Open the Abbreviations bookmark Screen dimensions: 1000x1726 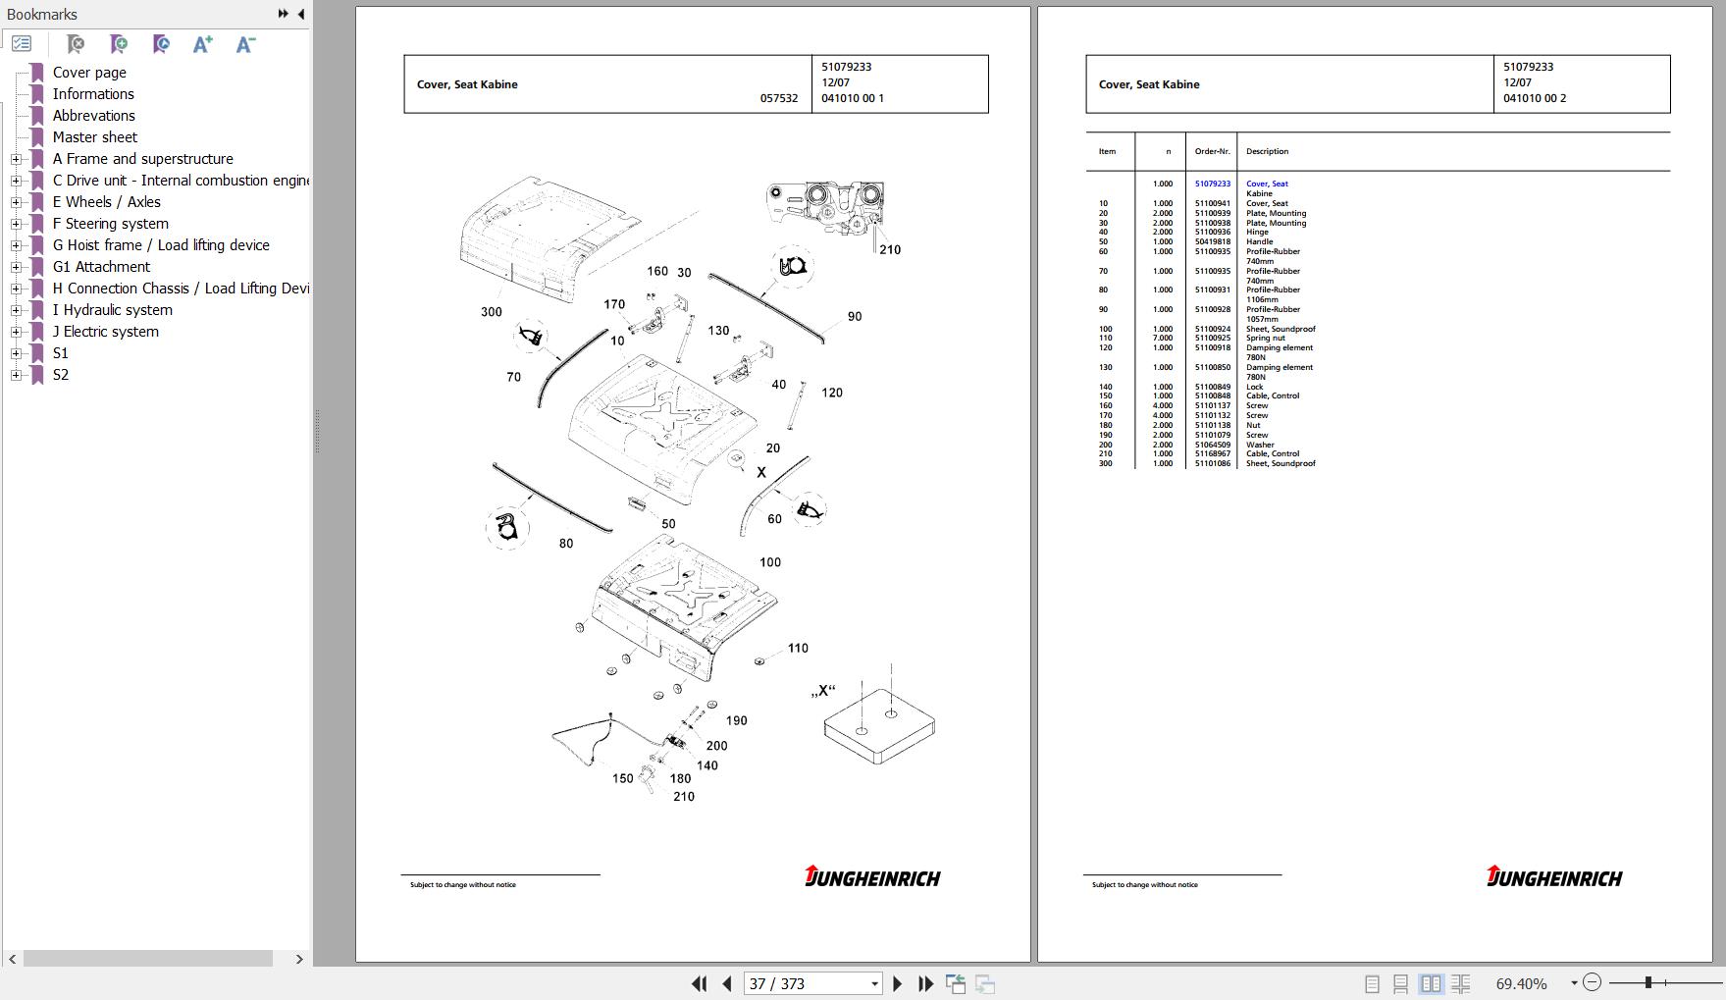click(93, 116)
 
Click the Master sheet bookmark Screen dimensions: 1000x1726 click(94, 137)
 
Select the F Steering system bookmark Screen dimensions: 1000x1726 click(110, 224)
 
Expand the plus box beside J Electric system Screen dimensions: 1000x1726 click(16, 332)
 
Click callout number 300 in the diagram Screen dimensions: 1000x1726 click(492, 312)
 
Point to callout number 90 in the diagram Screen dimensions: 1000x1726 click(855, 317)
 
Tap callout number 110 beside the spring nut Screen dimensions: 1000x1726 click(798, 649)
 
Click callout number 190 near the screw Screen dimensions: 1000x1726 click(736, 721)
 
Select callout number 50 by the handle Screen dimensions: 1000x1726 click(668, 524)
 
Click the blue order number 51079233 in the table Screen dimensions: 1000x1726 click(1212, 184)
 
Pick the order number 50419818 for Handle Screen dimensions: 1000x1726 click(1212, 242)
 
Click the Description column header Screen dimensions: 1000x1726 click(1267, 152)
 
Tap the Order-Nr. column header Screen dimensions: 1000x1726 click(1212, 152)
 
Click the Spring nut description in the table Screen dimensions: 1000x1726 click(1265, 339)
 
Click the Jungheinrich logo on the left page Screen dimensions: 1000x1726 click(872, 877)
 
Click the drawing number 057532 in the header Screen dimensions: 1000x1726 click(779, 99)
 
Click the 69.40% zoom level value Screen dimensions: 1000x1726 click(1521, 983)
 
